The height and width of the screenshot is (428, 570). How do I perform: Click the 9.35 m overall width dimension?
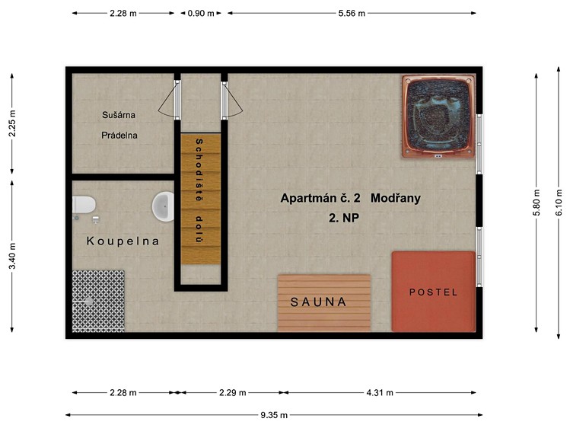[x=274, y=415]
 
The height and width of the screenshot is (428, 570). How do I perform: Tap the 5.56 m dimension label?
[x=352, y=14]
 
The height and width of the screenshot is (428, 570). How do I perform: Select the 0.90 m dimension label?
[x=201, y=14]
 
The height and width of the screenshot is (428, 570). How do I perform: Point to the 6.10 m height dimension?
[x=559, y=203]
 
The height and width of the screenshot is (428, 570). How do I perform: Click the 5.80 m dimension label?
[x=537, y=203]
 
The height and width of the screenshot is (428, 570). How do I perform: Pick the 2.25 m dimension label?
[x=12, y=123]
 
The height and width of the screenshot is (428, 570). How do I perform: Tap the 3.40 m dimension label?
[x=12, y=257]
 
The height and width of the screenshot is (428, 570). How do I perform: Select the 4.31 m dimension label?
[x=380, y=393]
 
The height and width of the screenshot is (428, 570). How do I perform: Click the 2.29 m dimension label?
[x=233, y=393]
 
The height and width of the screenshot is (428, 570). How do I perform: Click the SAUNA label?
[x=318, y=302]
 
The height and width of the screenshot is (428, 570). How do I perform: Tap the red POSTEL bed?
[x=433, y=292]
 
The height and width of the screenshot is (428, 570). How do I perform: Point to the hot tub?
[x=438, y=117]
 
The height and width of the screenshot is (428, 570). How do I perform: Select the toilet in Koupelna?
[x=84, y=204]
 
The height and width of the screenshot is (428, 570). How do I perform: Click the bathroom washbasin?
[x=163, y=206]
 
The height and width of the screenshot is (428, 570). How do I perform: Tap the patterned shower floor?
[x=98, y=301]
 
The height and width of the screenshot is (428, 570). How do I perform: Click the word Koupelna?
[x=123, y=241]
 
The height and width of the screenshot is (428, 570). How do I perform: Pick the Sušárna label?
[x=119, y=115]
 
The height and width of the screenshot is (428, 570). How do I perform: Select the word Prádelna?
[x=119, y=136]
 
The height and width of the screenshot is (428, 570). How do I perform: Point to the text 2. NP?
[x=344, y=218]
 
